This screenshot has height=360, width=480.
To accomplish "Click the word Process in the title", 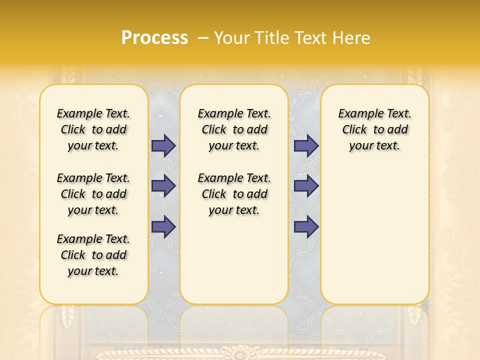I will click(154, 38).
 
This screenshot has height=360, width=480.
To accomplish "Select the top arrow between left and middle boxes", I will click(163, 146).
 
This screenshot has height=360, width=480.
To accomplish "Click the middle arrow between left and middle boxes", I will click(163, 186).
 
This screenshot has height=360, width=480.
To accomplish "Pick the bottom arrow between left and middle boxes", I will click(163, 226).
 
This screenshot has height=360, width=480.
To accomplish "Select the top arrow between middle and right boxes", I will click(306, 146).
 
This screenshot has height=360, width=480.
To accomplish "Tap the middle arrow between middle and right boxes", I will click(306, 186).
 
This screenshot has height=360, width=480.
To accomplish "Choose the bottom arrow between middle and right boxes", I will click(306, 226).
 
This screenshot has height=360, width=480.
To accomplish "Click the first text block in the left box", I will click(93, 129).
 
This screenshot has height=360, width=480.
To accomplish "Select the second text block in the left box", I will click(93, 194).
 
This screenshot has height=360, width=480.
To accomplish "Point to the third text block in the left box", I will click(93, 255).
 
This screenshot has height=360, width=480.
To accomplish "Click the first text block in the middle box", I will click(234, 129).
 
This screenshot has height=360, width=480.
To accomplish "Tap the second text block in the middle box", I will click(234, 194).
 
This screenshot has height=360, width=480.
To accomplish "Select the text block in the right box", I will click(375, 129).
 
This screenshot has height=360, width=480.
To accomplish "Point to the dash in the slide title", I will click(203, 38).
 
